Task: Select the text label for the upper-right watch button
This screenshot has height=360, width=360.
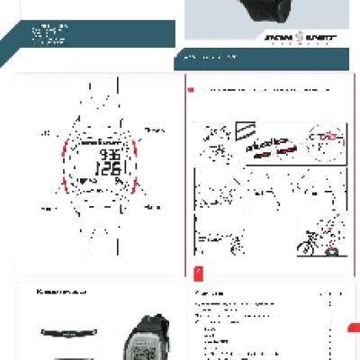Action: [x=154, y=130]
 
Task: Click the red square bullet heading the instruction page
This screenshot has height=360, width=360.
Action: [x=190, y=90]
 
